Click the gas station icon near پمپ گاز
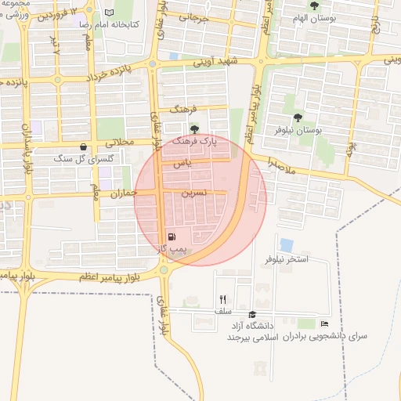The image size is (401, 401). point(172,237)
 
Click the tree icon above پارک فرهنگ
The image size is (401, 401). point(195,129)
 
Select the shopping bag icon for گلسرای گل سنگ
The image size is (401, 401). point(84,146)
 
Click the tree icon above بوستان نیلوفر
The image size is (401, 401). point(290,118)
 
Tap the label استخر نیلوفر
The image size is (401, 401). point(287,258)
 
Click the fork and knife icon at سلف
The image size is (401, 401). point(223,299)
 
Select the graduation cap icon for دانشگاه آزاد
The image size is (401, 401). point(251,314)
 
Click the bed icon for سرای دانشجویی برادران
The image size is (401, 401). point(325,323)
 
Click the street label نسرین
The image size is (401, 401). point(194,191)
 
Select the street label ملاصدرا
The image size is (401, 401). point(281,165)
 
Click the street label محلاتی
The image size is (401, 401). point(121,143)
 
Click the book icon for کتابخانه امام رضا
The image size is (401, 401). point(109,13)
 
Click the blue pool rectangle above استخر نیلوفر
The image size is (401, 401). point(287,244)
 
